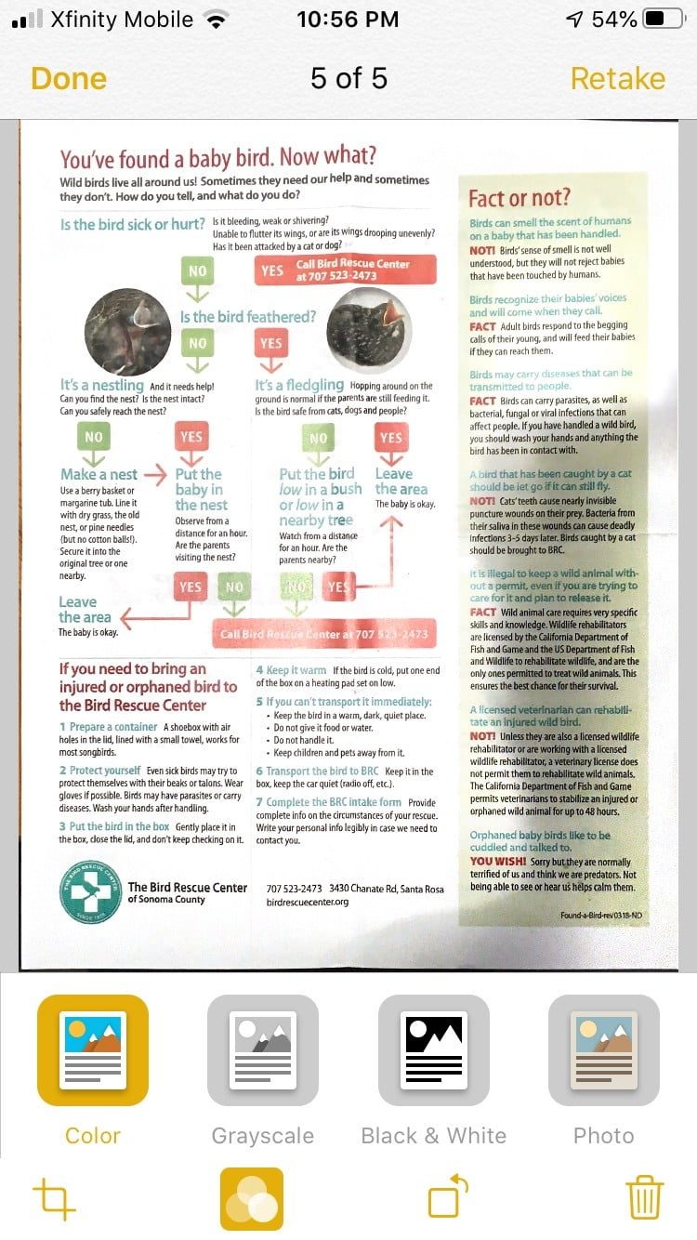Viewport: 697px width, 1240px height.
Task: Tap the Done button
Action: click(68, 78)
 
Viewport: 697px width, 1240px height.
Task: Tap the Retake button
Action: click(617, 78)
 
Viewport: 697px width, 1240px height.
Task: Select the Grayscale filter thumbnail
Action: click(262, 1050)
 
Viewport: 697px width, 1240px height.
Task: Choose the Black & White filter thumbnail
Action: click(433, 1050)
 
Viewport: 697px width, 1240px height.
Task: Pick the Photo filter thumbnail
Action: click(604, 1050)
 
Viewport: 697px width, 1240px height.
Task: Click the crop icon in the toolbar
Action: click(54, 1198)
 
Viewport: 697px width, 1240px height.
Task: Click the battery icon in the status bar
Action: click(664, 20)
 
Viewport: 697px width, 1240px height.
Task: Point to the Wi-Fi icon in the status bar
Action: click(217, 20)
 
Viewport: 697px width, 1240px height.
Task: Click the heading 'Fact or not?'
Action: click(519, 198)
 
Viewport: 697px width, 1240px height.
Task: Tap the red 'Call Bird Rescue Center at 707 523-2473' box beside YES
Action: click(345, 270)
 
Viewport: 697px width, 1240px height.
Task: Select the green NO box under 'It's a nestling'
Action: click(94, 437)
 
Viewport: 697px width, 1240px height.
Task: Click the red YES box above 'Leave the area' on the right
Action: click(390, 437)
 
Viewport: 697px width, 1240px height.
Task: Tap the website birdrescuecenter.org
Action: click(307, 902)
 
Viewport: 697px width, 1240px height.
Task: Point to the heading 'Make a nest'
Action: click(99, 474)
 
